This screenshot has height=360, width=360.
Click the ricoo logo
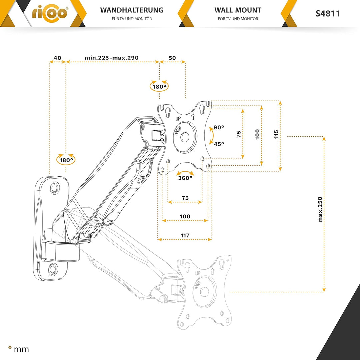tap(50, 14)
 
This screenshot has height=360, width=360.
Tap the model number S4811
tap(328, 14)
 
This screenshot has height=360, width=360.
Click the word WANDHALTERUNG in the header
tap(132, 10)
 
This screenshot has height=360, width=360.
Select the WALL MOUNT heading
tap(238, 10)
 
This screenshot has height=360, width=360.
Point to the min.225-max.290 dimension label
tap(112, 58)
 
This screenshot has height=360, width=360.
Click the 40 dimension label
tap(57, 58)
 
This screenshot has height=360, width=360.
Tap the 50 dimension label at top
tap(172, 58)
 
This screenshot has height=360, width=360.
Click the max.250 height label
tap(320, 209)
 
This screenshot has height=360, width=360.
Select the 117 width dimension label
tap(185, 235)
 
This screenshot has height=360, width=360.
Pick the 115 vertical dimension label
tap(276, 134)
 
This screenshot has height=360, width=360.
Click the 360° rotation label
tap(185, 178)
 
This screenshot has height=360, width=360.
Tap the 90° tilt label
tap(219, 127)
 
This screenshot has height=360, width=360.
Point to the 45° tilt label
tap(219, 144)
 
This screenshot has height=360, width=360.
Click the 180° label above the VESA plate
tap(159, 87)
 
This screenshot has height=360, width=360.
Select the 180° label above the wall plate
tap(66, 160)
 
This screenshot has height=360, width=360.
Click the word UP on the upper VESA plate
tap(178, 118)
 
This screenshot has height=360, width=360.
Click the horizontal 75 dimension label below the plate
tap(185, 198)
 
